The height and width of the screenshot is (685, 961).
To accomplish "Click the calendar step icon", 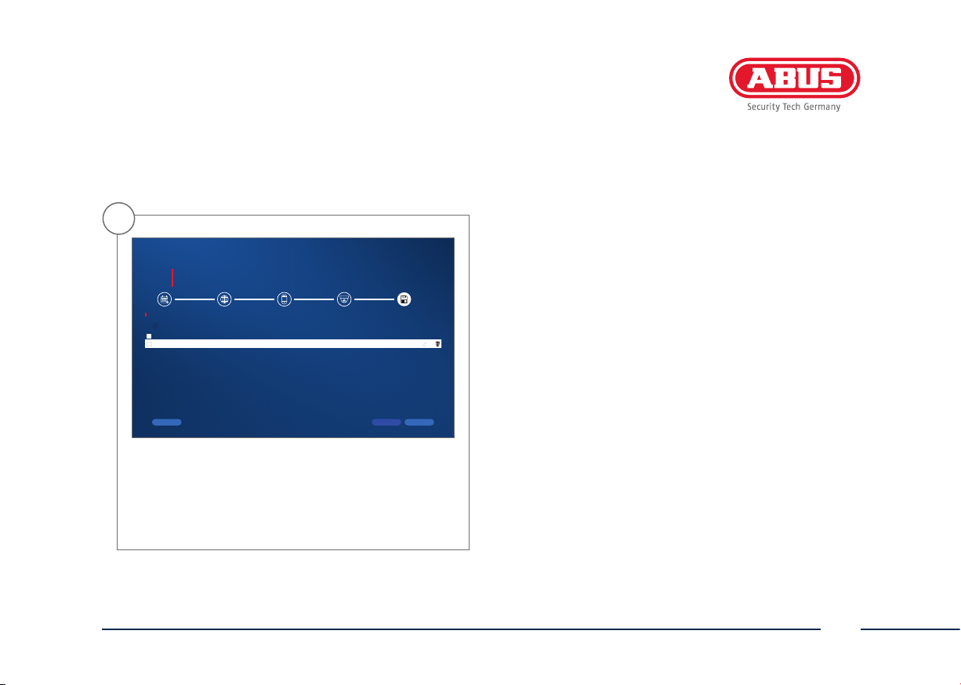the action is (x=165, y=299).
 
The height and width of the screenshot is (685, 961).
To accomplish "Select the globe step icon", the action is (x=224, y=299).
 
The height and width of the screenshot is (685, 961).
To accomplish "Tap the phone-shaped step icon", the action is (x=284, y=299).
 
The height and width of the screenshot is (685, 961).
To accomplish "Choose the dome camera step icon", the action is (x=344, y=299).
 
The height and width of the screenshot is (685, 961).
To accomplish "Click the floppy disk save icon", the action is (x=404, y=299).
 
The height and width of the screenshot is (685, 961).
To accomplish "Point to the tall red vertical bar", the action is (x=172, y=277).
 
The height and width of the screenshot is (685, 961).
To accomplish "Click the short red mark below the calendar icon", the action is (x=146, y=315).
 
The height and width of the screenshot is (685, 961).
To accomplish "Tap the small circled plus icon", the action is (x=156, y=326).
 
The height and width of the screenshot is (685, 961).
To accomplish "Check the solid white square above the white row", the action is (x=149, y=336).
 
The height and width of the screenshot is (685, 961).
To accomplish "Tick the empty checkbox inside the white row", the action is (x=149, y=344).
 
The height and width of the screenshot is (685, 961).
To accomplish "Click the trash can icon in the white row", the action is (x=437, y=343).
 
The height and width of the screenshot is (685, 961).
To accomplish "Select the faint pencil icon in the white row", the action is (x=424, y=344).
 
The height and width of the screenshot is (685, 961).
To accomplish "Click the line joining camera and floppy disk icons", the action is (x=374, y=299).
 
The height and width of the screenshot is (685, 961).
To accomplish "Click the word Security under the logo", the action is (x=763, y=107).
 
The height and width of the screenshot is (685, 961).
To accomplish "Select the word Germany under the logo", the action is (x=822, y=107).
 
